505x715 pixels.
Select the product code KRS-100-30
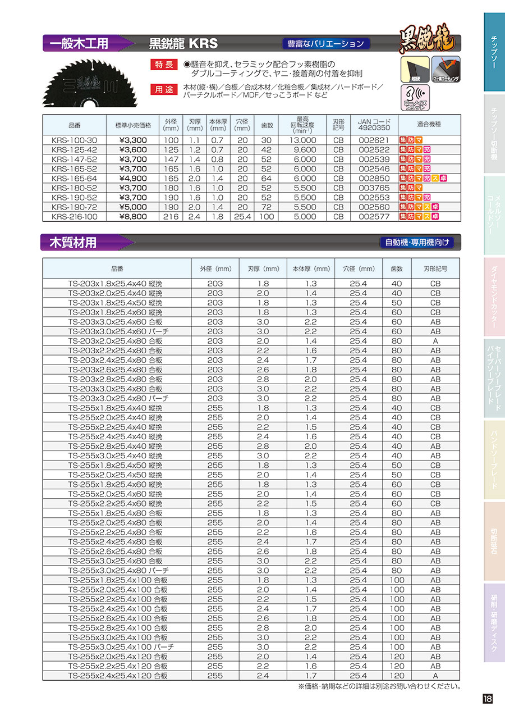(x=74, y=140)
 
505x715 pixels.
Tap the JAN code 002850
(x=373, y=178)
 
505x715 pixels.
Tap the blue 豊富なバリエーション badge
(x=325, y=43)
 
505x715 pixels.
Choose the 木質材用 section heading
(x=74, y=243)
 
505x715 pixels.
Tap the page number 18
(x=487, y=699)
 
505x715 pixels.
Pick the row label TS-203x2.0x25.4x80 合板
(x=116, y=341)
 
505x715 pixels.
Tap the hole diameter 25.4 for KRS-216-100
(x=242, y=216)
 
